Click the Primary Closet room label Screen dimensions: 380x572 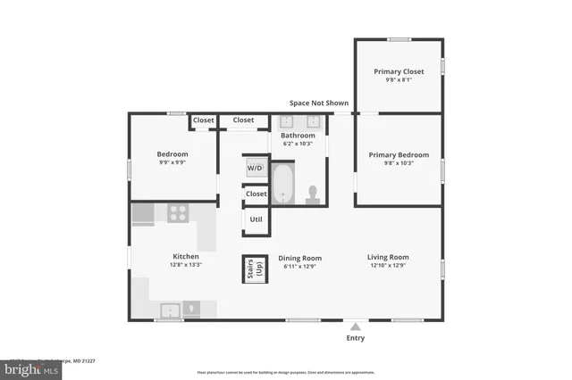pyautogui.click(x=399, y=71)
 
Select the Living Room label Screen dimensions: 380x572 pyautogui.click(x=387, y=258)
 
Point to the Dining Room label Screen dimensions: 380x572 pyautogui.click(x=299, y=258)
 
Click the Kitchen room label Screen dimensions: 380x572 pyautogui.click(x=186, y=257)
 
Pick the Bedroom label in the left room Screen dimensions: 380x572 pyautogui.click(x=172, y=154)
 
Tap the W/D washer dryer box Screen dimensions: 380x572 pyautogui.click(x=255, y=168)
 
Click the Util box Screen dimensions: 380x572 pyautogui.click(x=256, y=219)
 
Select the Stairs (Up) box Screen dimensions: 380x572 pyautogui.click(x=254, y=268)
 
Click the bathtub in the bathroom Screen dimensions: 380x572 pyautogui.click(x=282, y=184)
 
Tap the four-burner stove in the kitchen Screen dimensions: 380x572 pyautogui.click(x=178, y=212)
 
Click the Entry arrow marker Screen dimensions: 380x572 pyautogui.click(x=356, y=326)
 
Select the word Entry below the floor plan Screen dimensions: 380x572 pyautogui.click(x=356, y=338)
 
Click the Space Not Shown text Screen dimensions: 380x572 pyautogui.click(x=319, y=103)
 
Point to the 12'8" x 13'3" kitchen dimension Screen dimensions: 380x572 pyautogui.click(x=186, y=265)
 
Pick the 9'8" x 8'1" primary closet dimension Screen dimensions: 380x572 pyautogui.click(x=399, y=79)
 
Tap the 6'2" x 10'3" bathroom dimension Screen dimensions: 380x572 pyautogui.click(x=299, y=144)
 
